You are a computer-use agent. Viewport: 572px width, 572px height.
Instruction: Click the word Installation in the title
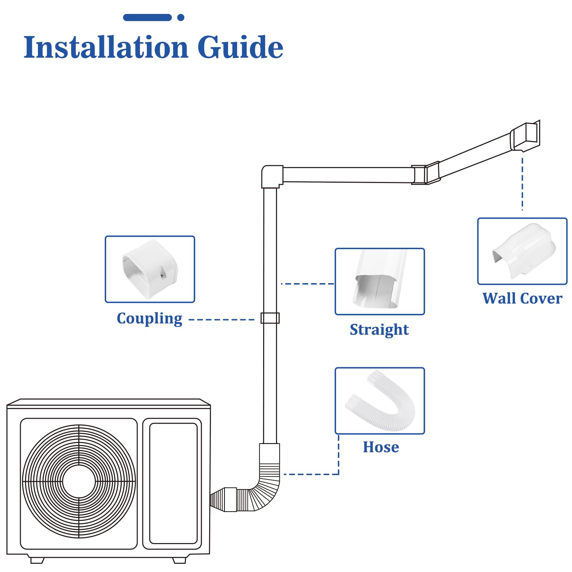[106, 47]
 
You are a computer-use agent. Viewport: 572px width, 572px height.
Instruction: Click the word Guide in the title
[240, 47]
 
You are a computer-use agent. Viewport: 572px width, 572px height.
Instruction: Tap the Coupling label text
[149, 318]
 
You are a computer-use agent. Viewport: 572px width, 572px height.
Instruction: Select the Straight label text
[379, 330]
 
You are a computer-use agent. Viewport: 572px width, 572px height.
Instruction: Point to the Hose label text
[381, 447]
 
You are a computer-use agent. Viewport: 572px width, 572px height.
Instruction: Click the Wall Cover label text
[522, 299]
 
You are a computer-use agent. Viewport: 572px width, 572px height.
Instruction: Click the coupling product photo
[150, 269]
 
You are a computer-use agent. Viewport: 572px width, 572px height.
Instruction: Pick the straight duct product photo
[380, 281]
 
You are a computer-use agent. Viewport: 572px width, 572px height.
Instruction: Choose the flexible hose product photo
[380, 400]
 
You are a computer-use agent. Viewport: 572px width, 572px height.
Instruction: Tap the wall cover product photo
[522, 251]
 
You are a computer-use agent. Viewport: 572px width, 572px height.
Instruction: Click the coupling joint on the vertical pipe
[270, 318]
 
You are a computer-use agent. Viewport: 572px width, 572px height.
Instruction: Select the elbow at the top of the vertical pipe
[272, 176]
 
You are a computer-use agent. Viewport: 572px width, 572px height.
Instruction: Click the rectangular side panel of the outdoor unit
[173, 484]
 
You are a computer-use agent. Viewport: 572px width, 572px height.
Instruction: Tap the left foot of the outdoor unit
[37, 560]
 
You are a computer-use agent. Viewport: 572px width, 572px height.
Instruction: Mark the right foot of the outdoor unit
[179, 560]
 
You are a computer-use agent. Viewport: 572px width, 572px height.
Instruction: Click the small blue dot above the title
[181, 17]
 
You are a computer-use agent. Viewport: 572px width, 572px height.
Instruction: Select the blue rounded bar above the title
[147, 17]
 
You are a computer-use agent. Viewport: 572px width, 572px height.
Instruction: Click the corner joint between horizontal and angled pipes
[425, 174]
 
